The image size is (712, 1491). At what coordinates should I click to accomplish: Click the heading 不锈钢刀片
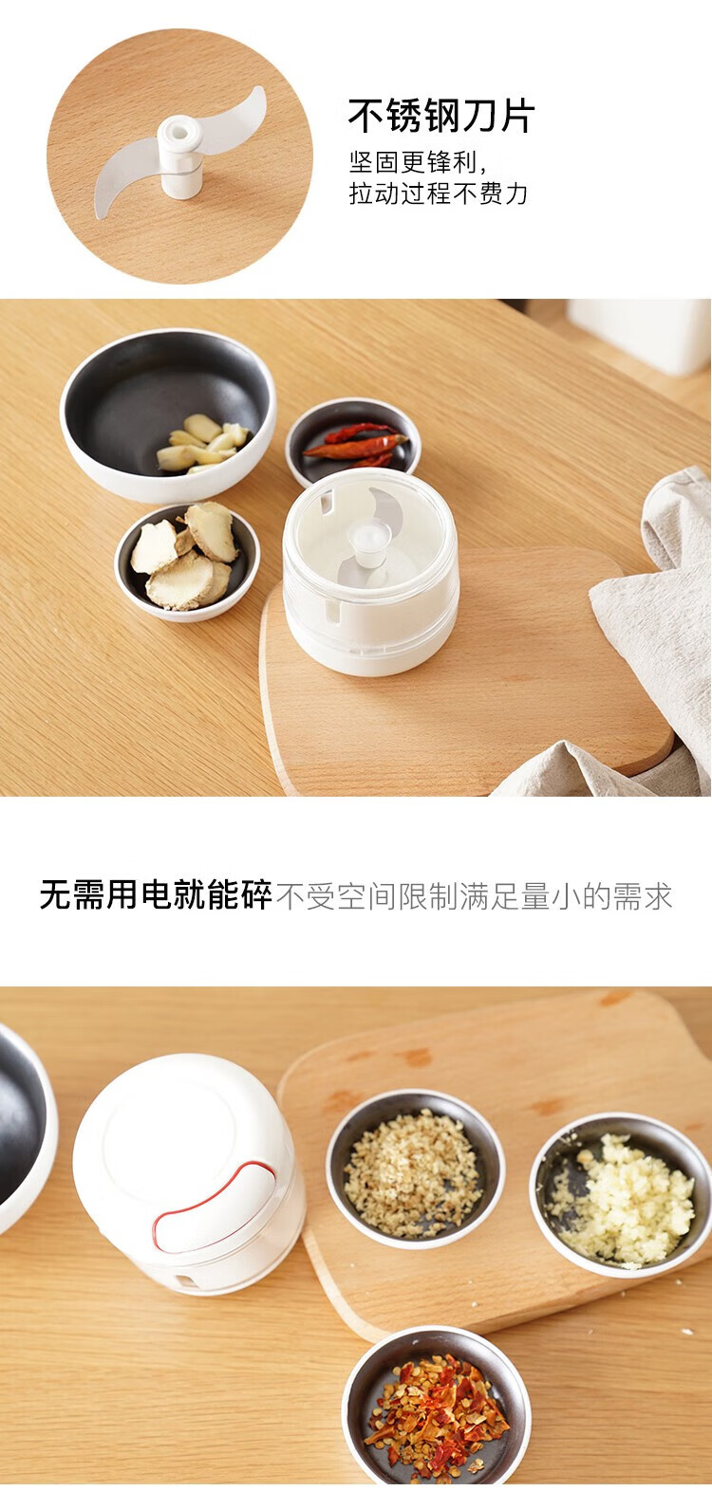[440, 115]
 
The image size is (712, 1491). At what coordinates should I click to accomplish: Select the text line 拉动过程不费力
[439, 193]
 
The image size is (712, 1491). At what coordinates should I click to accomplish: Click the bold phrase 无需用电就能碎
[156, 893]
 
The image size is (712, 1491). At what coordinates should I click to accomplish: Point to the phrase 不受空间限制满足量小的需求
[474, 896]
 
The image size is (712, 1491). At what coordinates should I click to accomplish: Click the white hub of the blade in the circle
[179, 157]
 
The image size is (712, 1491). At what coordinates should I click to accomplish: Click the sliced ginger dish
[187, 561]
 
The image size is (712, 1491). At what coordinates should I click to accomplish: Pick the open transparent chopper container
[370, 571]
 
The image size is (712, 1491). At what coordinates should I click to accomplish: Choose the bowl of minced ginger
[415, 1168]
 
